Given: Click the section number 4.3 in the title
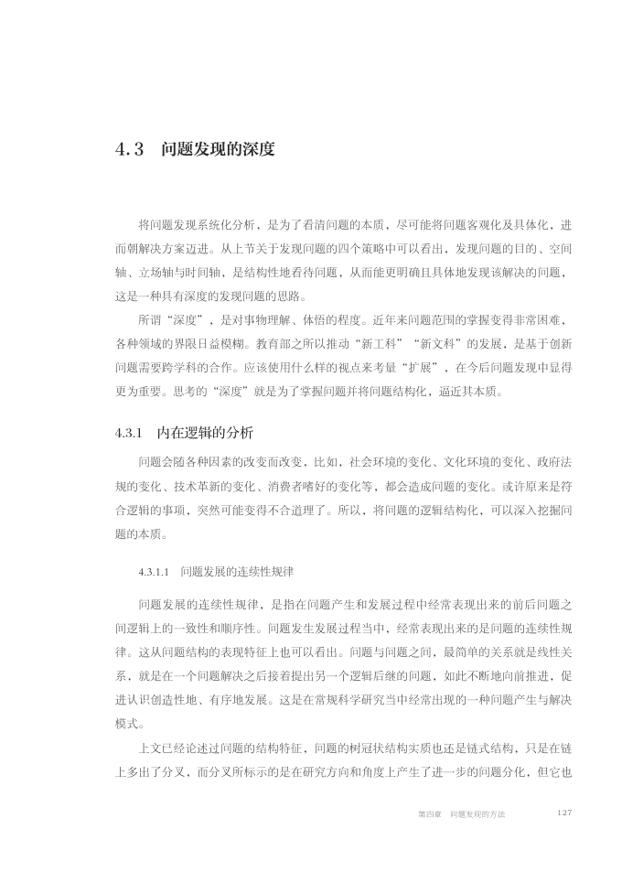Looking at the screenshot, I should (x=130, y=148).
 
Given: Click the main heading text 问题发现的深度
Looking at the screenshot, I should (x=218, y=148).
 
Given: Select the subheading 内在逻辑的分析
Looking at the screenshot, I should (x=206, y=431).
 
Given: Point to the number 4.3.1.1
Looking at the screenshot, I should (x=155, y=573).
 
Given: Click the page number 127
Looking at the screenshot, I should (x=564, y=813).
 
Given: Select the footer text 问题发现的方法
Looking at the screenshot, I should (x=476, y=813).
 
